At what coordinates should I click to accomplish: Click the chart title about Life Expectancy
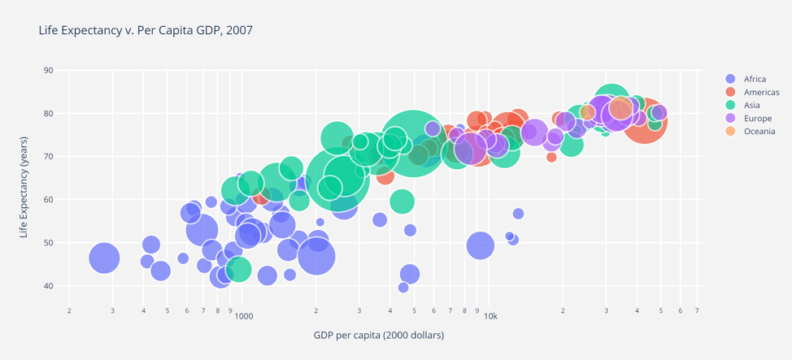(146, 30)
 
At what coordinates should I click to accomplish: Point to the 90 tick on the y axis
(48, 71)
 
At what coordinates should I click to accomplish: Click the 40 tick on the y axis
(48, 286)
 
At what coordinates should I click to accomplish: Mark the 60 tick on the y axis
(48, 200)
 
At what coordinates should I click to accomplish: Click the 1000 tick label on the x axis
(244, 316)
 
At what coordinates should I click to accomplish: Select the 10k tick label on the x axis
(490, 316)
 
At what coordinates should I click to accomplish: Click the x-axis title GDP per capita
(378, 335)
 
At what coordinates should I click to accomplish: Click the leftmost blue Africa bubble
(103, 258)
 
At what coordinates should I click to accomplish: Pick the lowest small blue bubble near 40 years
(403, 288)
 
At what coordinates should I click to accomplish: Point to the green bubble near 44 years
(238, 269)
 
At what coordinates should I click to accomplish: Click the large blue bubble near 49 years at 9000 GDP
(481, 245)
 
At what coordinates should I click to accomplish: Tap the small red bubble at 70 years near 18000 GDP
(551, 157)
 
